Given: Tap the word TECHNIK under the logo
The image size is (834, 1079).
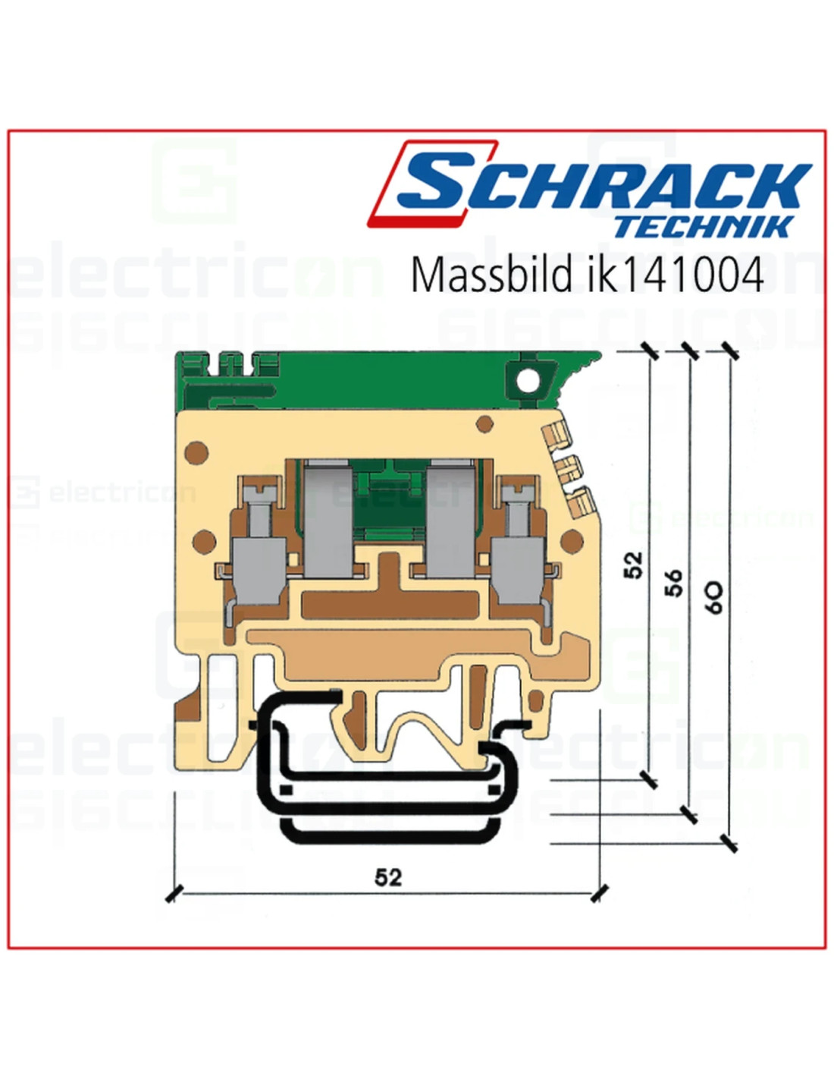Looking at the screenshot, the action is [704, 227].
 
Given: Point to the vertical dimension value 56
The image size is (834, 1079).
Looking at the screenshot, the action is [673, 581].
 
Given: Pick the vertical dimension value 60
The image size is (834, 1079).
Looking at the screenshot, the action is [714, 599].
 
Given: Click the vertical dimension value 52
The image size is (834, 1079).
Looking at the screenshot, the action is [633, 565].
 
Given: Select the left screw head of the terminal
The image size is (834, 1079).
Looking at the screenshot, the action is [262, 492].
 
